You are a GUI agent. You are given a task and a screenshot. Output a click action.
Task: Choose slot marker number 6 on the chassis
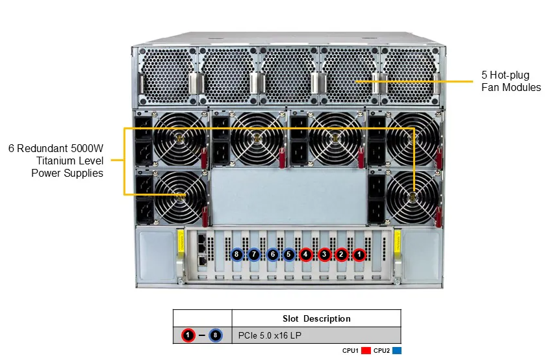(x=272, y=255)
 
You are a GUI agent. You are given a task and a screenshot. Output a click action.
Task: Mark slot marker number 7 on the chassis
(x=255, y=255)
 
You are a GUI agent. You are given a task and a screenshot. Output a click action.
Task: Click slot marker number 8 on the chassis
(x=237, y=255)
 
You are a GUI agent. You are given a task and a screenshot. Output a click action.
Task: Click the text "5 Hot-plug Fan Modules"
(x=511, y=81)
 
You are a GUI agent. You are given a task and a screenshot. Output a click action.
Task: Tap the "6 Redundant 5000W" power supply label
(x=56, y=149)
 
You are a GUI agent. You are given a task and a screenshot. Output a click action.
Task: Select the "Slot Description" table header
(x=316, y=318)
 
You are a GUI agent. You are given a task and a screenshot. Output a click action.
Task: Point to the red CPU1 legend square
(x=366, y=351)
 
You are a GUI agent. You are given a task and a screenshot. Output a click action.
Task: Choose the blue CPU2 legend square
(x=397, y=351)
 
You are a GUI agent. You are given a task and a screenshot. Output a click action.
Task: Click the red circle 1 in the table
(x=188, y=335)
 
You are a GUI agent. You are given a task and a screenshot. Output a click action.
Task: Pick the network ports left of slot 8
(x=203, y=250)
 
